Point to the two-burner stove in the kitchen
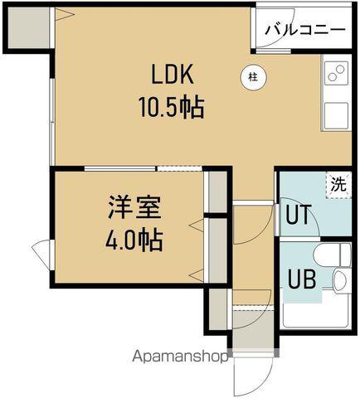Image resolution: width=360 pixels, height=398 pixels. point(335,74)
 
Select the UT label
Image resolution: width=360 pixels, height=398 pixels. point(297,215)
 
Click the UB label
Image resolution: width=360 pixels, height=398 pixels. point(300,279)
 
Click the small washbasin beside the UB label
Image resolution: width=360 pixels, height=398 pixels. point(340,282)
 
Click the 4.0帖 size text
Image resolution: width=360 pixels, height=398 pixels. point(133,240)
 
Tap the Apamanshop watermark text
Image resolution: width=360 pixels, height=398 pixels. point(181,359)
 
